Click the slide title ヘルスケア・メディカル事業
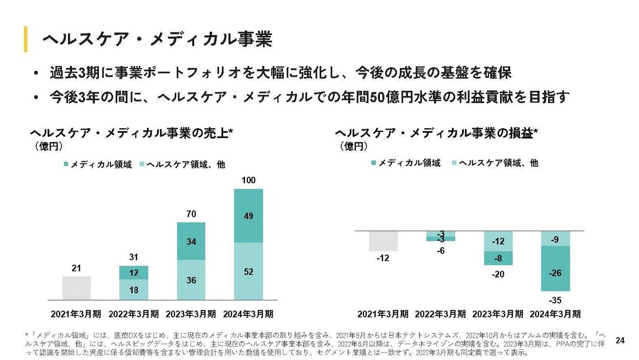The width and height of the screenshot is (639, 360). point(157,39)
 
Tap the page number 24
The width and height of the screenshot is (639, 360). point(619,340)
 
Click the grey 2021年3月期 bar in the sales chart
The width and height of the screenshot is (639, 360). point(76,288)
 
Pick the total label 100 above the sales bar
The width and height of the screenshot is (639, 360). point(248,182)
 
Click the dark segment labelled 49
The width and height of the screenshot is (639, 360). point(248,216)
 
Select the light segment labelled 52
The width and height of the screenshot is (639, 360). point(248,271)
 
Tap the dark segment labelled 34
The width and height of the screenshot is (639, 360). point(191,241)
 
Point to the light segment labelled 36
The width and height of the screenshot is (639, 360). point(191,280)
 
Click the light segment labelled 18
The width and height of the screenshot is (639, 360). point(133,289)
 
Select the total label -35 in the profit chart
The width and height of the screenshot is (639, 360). point(555,300)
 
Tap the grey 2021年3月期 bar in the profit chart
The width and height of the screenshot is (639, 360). point(383,241)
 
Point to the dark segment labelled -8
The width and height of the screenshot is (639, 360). point(498,258)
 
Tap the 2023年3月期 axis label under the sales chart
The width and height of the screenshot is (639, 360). point(191,313)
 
